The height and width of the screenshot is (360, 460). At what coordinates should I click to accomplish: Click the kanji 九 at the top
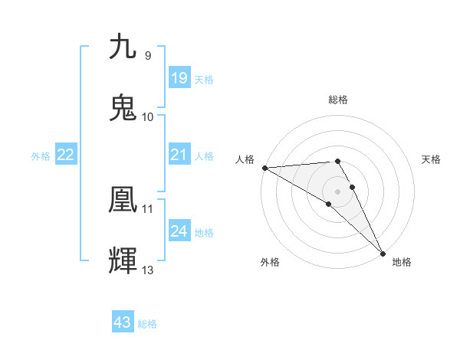click(x=123, y=47)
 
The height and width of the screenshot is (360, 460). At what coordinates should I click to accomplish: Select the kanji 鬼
click(x=123, y=108)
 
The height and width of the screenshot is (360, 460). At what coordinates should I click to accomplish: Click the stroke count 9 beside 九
click(x=148, y=55)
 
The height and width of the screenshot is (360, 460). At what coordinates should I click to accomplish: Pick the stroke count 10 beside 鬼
click(x=148, y=116)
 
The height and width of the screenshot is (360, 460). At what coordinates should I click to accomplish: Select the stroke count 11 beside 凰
click(x=148, y=208)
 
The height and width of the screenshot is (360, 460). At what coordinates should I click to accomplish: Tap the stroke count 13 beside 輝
click(x=148, y=270)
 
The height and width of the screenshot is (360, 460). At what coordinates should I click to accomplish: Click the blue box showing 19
click(x=179, y=78)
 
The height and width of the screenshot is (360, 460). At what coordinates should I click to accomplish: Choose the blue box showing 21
click(x=179, y=155)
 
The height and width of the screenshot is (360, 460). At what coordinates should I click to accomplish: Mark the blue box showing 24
click(x=179, y=231)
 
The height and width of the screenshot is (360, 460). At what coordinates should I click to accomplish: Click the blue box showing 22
click(x=66, y=155)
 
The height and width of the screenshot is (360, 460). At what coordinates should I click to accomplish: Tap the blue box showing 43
click(x=123, y=322)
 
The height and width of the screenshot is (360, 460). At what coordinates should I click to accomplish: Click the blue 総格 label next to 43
click(x=147, y=324)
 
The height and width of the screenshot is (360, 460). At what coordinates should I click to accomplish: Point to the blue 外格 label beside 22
click(x=41, y=156)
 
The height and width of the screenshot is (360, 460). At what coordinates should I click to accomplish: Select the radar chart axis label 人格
click(x=245, y=159)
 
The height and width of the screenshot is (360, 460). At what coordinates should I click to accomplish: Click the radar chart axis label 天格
click(x=432, y=159)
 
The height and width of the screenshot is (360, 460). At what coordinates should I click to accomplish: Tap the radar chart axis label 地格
click(x=402, y=262)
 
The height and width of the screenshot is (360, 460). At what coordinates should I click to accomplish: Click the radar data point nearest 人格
click(x=264, y=167)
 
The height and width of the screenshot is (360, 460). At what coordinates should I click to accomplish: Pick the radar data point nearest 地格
click(x=383, y=253)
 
